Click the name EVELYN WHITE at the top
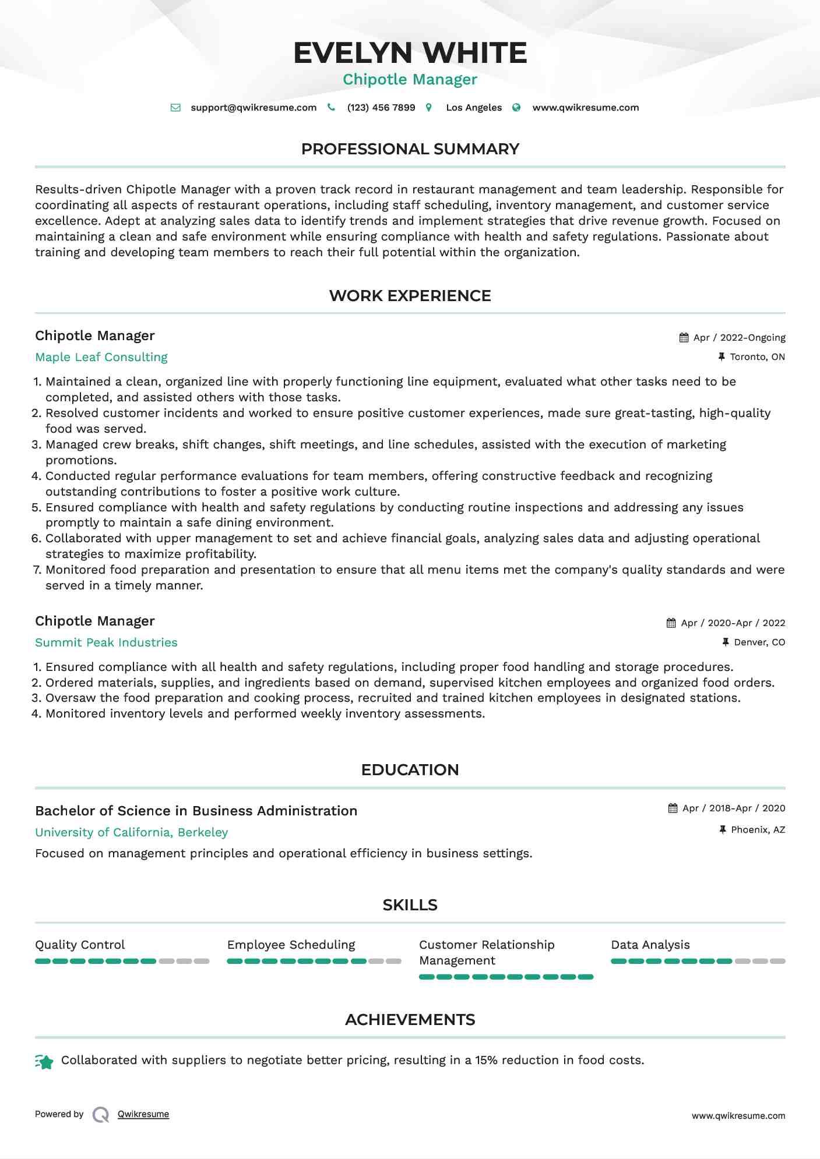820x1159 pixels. tap(410, 53)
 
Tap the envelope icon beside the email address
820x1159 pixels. tap(175, 108)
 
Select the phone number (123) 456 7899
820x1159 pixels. tap(381, 108)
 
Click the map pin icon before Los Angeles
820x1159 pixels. tap(429, 108)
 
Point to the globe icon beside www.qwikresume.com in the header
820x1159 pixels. tap(516, 108)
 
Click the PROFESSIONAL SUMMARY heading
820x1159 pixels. tap(410, 149)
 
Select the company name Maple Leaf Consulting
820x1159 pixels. tap(101, 357)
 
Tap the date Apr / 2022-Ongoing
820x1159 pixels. tap(739, 338)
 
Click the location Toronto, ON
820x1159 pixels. tap(757, 357)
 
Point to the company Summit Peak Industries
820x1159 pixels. tap(106, 642)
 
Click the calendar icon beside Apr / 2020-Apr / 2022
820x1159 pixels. tap(671, 623)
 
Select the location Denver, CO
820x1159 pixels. tap(759, 642)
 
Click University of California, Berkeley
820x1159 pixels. tap(131, 832)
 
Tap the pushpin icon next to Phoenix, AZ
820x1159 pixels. tap(723, 829)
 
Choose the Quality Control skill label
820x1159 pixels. tap(80, 945)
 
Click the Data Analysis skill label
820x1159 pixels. tap(650, 945)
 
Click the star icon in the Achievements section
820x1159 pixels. tap(44, 1062)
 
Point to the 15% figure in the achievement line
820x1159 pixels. tap(486, 1060)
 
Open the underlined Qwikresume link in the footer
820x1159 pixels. tap(143, 1114)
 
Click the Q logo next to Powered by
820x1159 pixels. tap(101, 1115)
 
